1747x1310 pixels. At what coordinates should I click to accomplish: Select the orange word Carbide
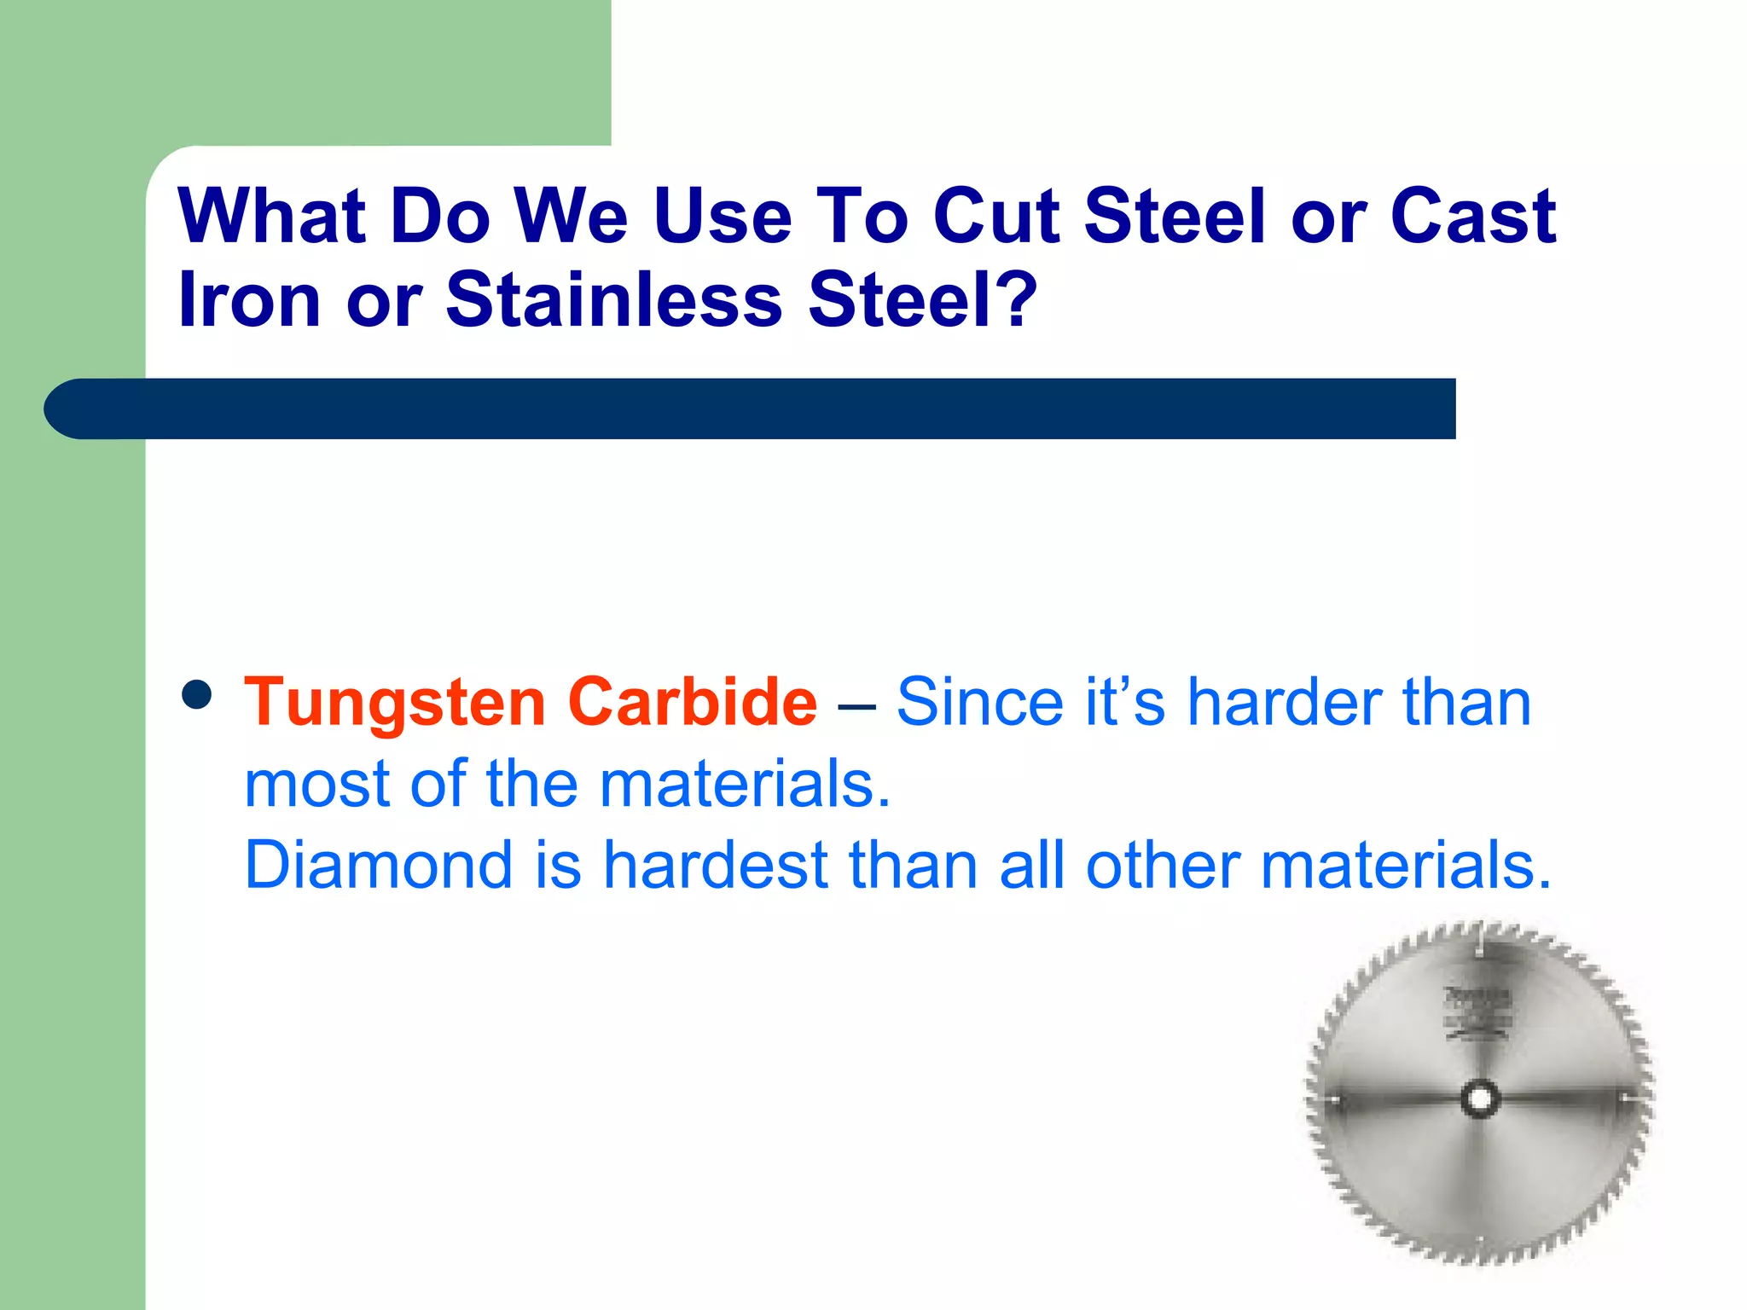692,703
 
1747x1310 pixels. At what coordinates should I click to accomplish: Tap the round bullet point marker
197,694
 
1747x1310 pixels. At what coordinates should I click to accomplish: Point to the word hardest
716,865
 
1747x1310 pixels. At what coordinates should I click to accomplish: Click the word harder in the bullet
1285,703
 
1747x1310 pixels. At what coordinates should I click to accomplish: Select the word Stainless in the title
613,299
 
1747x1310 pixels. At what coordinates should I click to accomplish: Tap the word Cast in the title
1473,216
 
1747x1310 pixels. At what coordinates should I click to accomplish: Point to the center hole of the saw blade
1479,1098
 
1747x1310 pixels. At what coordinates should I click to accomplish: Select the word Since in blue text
978,703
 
